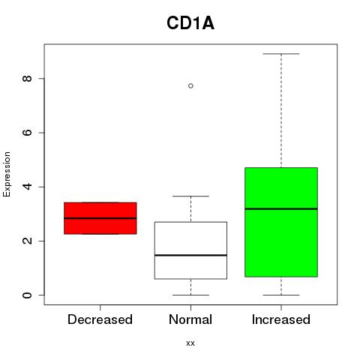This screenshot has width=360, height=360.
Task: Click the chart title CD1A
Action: [190, 23]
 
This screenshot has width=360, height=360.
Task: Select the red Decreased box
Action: [100, 218]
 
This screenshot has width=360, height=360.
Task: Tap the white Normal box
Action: [190, 250]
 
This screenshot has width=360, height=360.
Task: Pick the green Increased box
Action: [281, 222]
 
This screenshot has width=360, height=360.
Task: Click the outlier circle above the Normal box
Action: [190, 86]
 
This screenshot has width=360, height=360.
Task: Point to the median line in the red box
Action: [100, 218]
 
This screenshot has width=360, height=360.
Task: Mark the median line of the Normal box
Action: [190, 255]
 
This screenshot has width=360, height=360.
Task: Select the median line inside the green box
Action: [281, 208]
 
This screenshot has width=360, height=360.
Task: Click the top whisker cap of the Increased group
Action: [281, 54]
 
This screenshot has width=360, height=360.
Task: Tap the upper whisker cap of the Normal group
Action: [190, 196]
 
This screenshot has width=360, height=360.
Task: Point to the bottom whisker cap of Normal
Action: [190, 295]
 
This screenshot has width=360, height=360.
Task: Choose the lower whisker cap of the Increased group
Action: [281, 295]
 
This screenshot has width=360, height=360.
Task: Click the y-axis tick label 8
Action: [27, 79]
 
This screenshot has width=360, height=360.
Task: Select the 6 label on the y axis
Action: [27, 133]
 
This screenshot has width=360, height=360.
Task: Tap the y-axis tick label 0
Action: [27, 295]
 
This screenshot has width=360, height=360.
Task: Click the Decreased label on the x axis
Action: [100, 319]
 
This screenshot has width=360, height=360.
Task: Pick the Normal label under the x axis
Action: [190, 319]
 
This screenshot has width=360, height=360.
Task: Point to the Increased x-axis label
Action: [281, 319]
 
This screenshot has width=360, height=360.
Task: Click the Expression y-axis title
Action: [7, 174]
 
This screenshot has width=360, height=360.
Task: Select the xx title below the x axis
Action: [190, 343]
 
